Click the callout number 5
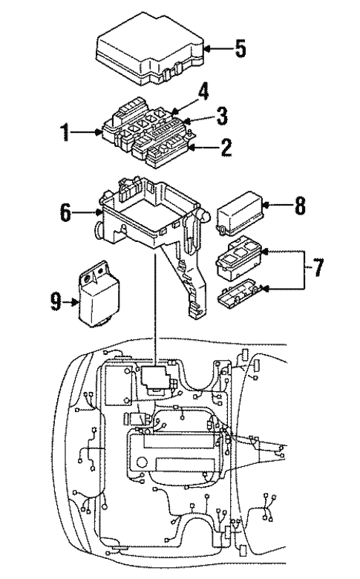[x=240, y=50]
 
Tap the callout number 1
[x=65, y=134]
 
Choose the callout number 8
[x=299, y=206]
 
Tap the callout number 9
[x=53, y=302]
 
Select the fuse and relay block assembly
[x=145, y=134]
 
